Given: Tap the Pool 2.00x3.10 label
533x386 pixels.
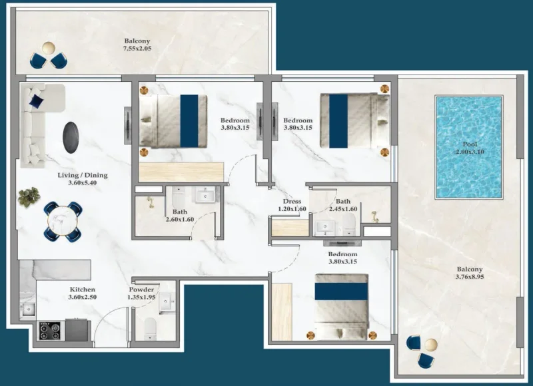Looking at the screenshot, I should tap(470, 148).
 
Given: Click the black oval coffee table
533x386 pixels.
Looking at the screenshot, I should tap(72, 136).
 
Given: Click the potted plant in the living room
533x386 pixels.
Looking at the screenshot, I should tap(29, 197).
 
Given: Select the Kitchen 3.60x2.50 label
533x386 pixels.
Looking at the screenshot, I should tap(83, 294).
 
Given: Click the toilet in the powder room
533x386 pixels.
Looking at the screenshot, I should tap(150, 327).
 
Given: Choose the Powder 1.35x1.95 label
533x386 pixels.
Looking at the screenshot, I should tap(141, 294).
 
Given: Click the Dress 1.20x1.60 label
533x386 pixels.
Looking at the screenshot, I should tap(292, 205).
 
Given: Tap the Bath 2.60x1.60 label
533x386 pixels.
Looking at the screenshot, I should tap(180, 216).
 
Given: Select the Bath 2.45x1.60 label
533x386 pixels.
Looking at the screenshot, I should tap(343, 205).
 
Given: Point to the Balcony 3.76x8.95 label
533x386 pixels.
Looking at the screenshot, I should tap(469, 273).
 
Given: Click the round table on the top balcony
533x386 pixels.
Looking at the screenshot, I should tap(49, 49).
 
